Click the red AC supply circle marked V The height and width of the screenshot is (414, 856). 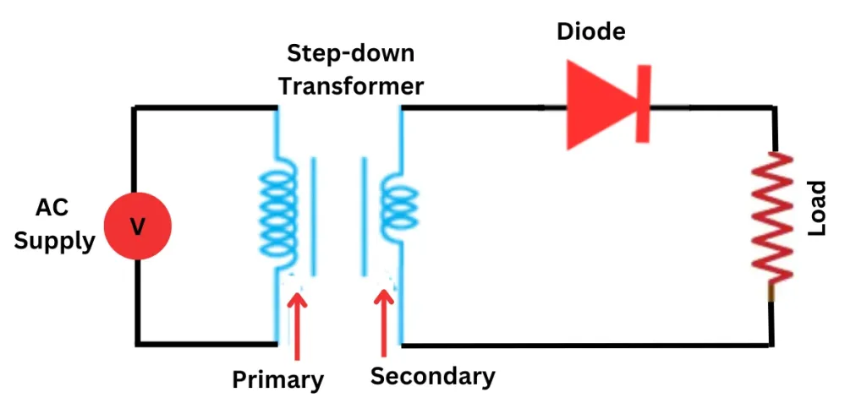coord(137,226)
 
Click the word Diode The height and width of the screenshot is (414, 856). coord(591,33)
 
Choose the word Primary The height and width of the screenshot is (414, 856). coord(278,379)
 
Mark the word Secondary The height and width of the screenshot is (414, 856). coord(432,375)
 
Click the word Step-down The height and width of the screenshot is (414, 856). coord(351,53)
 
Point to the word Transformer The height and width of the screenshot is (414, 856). coord(351,85)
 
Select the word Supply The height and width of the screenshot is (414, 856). coord(55,241)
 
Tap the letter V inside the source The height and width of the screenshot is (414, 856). coord(137,226)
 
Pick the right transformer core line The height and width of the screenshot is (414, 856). coord(363,215)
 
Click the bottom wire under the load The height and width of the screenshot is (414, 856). coord(592,345)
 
